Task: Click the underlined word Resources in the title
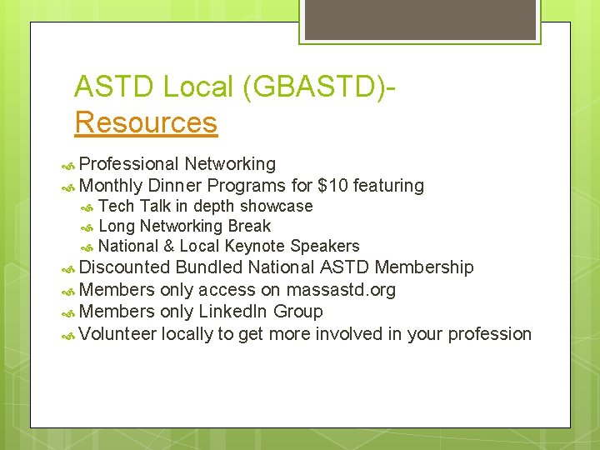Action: click(x=146, y=122)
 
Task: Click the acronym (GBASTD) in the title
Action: click(x=312, y=87)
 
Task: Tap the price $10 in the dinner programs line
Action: click(x=334, y=186)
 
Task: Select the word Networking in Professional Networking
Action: click(x=230, y=164)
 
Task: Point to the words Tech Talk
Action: click(x=134, y=206)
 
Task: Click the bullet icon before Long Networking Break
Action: click(x=87, y=227)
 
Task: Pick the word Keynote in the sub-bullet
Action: click(x=255, y=246)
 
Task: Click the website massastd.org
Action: click(x=340, y=290)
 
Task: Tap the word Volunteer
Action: click(x=117, y=333)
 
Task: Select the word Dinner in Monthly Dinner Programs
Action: click(x=174, y=186)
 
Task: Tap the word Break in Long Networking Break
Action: click(x=249, y=226)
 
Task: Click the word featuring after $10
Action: click(x=389, y=186)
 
